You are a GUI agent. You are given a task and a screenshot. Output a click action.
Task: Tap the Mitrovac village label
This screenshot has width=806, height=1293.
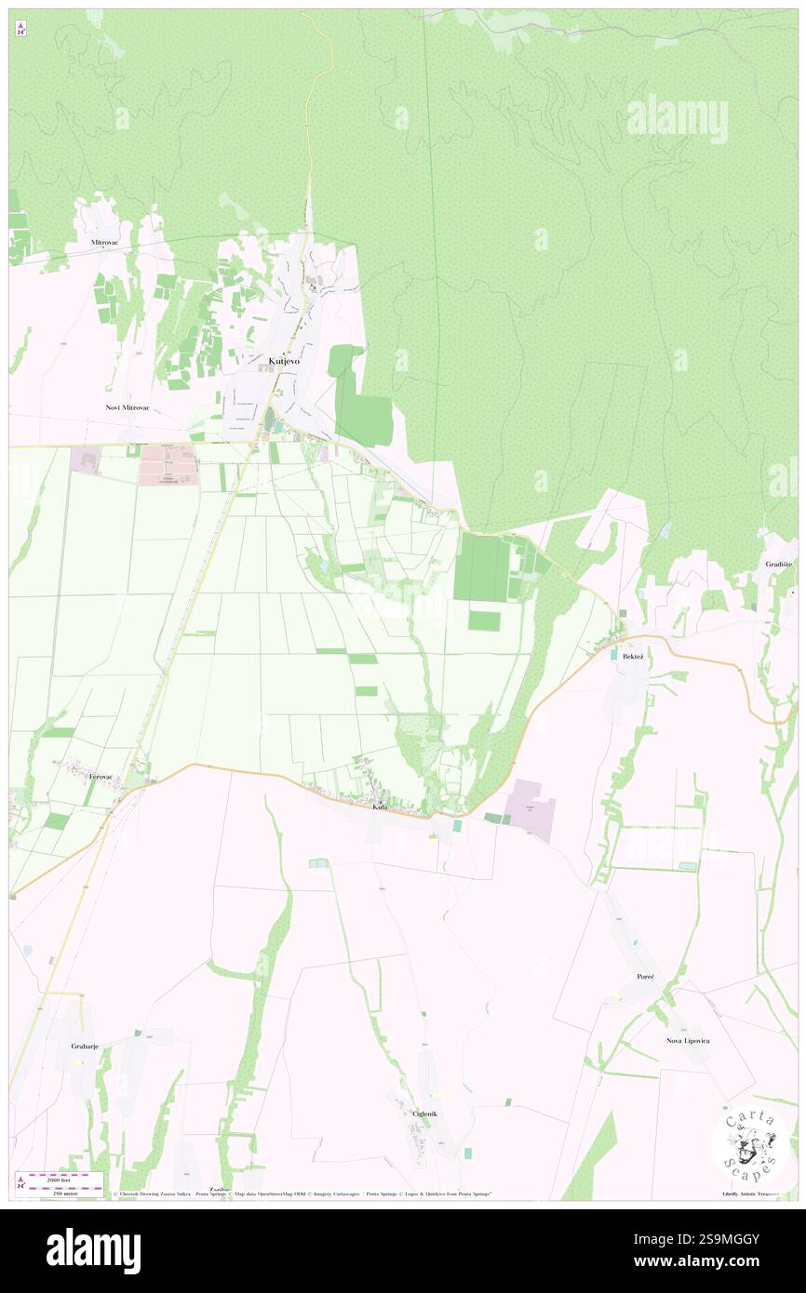[104, 242]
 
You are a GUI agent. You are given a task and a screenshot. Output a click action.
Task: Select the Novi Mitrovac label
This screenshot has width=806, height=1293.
[128, 407]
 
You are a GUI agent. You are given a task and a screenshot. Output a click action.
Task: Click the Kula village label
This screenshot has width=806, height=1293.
[380, 806]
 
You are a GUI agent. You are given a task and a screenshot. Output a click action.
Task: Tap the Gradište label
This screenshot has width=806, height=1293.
[779, 565]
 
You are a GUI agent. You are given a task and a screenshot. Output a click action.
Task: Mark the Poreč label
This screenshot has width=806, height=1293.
[646, 977]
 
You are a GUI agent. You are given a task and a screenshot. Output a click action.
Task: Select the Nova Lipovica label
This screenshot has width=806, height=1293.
[688, 1040]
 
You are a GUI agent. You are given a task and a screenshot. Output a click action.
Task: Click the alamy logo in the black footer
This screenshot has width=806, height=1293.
[93, 1250]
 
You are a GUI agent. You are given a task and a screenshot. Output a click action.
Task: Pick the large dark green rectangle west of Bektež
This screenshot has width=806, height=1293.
[481, 567]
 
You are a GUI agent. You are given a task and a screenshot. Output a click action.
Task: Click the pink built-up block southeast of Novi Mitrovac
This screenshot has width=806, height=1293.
[168, 465]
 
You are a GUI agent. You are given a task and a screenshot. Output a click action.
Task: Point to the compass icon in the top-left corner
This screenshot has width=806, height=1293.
[20, 29]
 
